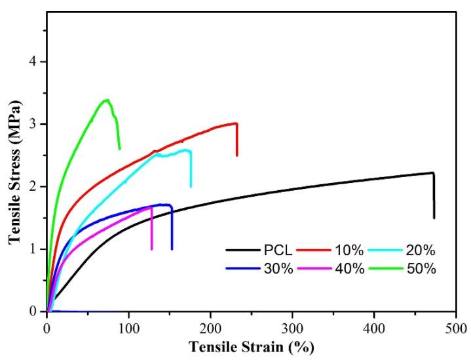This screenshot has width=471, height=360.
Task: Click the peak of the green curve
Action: pos(106,100)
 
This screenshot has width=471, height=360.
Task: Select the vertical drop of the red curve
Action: pos(236,139)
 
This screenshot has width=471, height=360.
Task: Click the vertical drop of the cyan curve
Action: pos(191,169)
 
